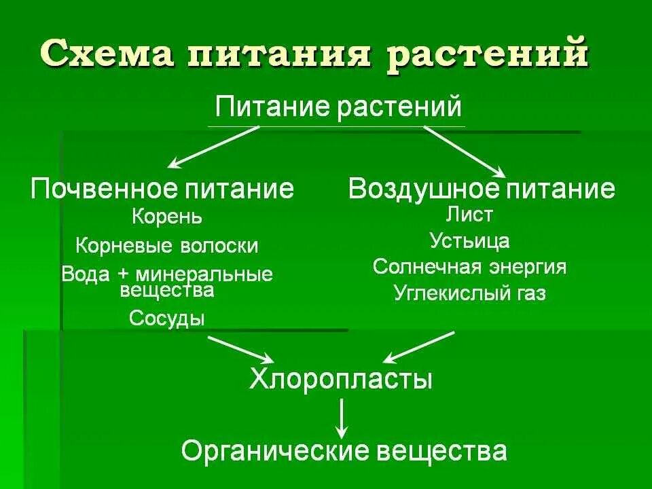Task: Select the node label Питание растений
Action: click(338, 107)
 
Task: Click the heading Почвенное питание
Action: click(163, 188)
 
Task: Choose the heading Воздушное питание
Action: click(482, 188)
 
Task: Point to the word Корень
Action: click(167, 217)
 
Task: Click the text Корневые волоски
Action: click(167, 245)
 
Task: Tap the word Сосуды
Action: click(167, 317)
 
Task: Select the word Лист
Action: click(469, 215)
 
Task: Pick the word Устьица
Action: click(469, 240)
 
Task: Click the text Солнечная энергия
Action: click(469, 267)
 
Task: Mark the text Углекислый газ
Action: click(469, 293)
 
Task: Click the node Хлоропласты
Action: click(341, 378)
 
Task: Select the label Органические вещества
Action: click(344, 450)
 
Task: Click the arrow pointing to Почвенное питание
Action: click(214, 147)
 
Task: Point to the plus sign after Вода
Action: click(126, 274)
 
